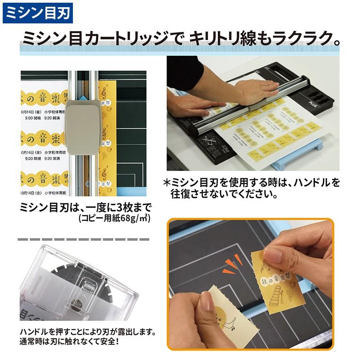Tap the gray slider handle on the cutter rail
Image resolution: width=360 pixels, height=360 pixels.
[x=84, y=127]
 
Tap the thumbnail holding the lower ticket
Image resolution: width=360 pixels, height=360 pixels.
[x=207, y=302]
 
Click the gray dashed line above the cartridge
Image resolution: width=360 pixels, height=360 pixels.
[x=83, y=238]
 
